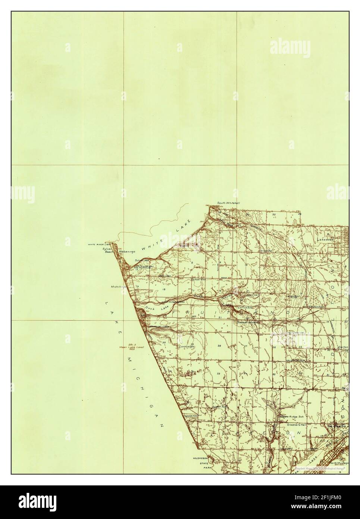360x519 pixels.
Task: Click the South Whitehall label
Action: tap(229, 203)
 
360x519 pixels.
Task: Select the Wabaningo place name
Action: tap(126, 252)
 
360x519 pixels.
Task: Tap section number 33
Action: tap(219, 373)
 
